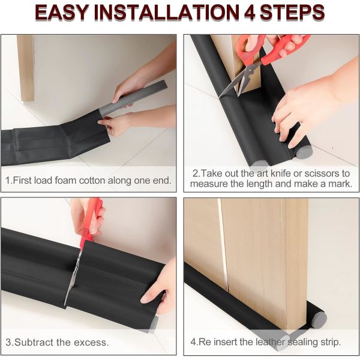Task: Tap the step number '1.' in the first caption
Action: tap(9, 180)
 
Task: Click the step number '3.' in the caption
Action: tap(9, 343)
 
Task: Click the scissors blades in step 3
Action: tap(73, 276)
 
